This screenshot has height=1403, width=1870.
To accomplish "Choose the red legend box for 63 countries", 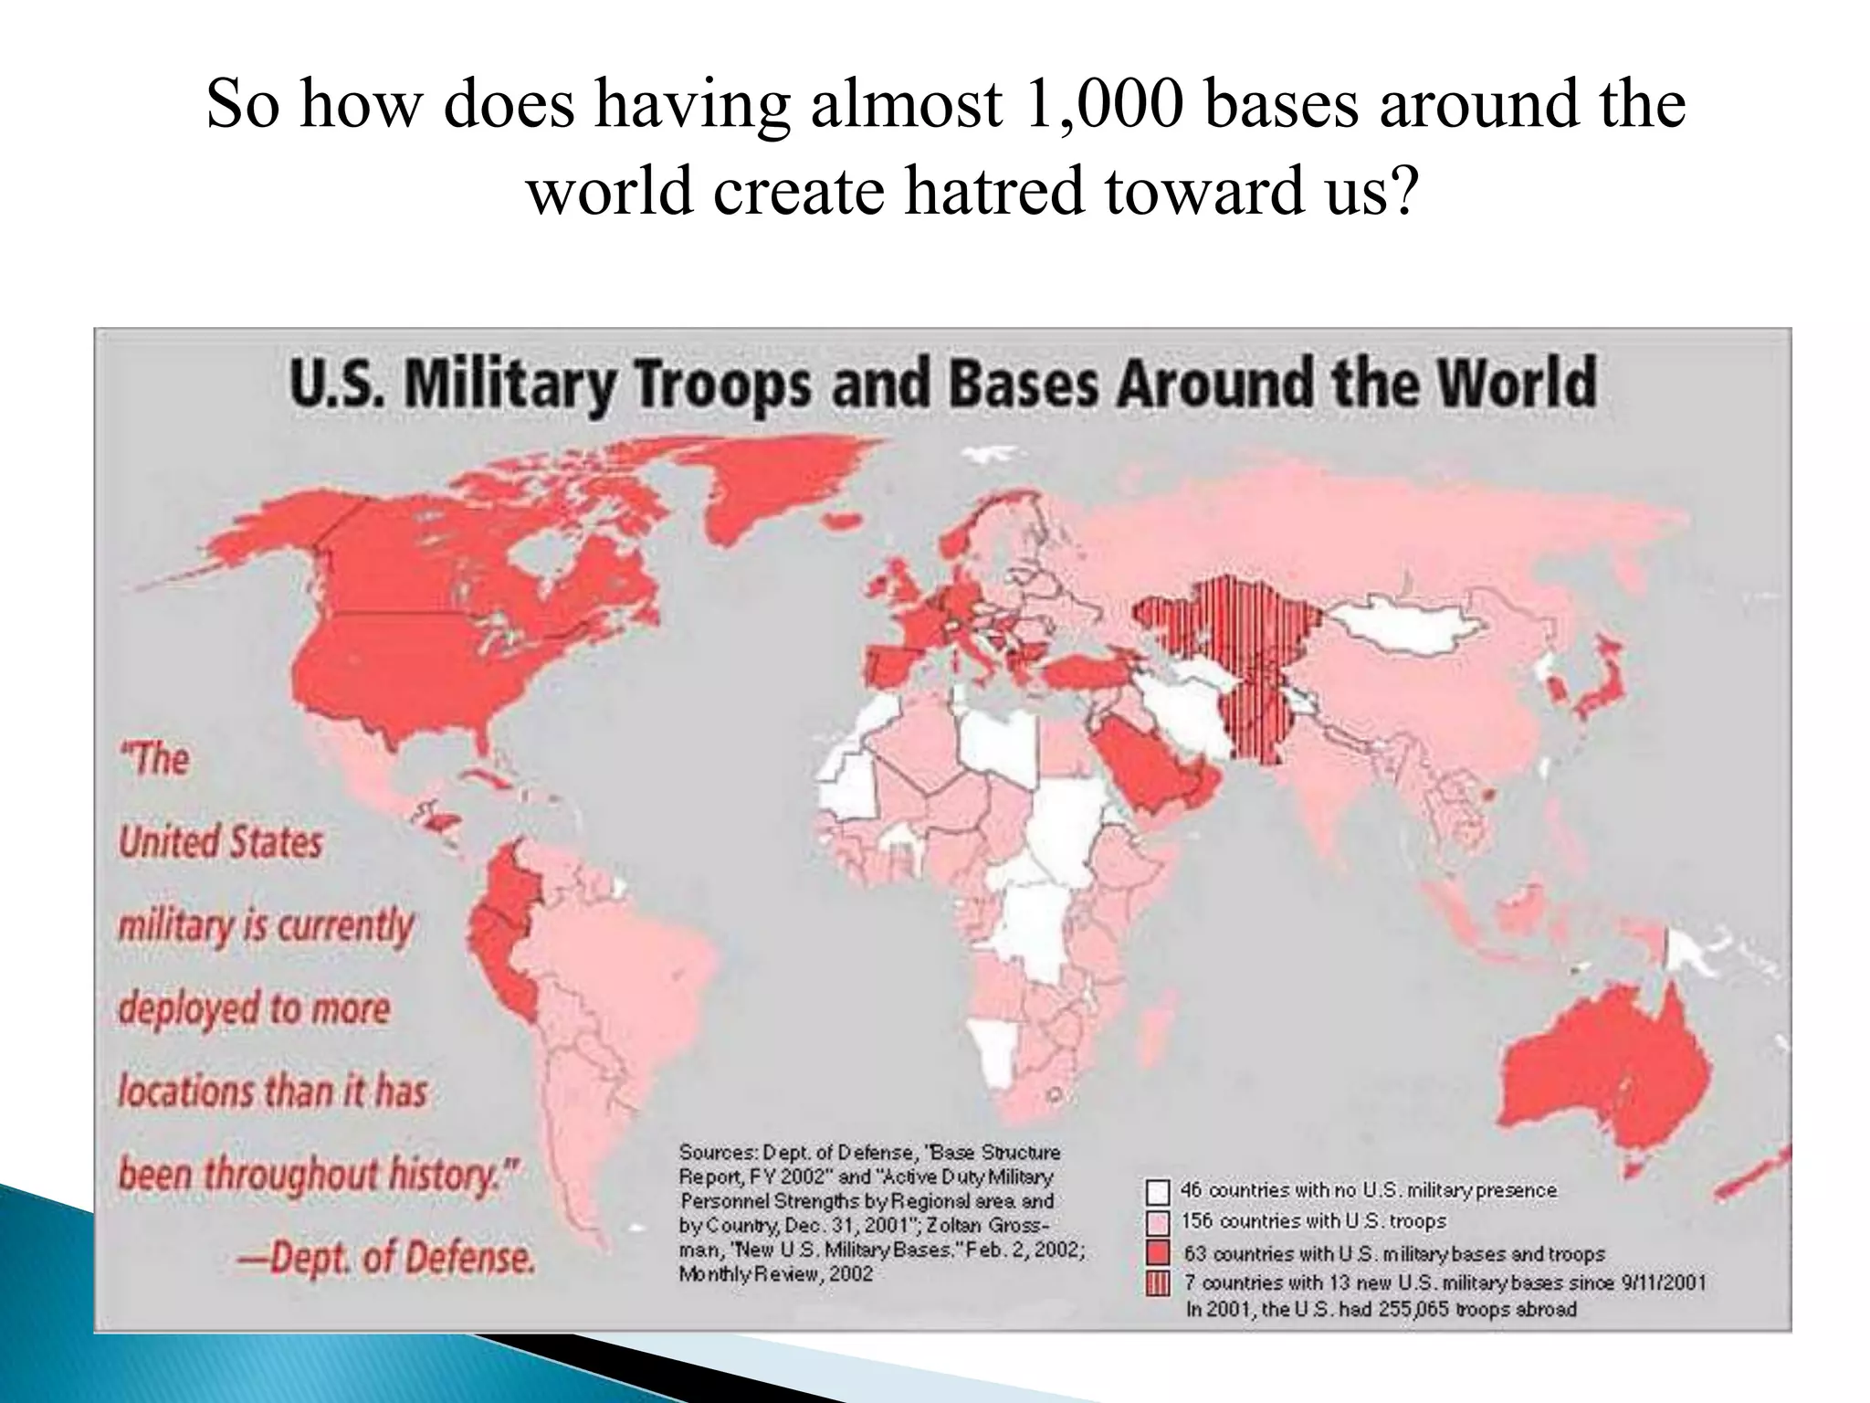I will pyautogui.click(x=1158, y=1253).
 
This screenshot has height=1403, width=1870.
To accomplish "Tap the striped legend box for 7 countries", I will pyautogui.click(x=1158, y=1284).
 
